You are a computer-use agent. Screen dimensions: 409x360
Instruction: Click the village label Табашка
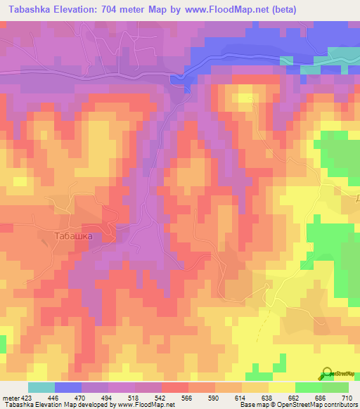[x=73, y=236]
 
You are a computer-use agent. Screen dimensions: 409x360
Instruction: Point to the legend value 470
[x=80, y=397]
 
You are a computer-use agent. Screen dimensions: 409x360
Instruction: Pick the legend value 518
[x=134, y=397]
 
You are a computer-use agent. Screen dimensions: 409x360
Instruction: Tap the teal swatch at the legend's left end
[x=41, y=387]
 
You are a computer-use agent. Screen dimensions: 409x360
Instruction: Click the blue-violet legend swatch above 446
[x=67, y=387]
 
